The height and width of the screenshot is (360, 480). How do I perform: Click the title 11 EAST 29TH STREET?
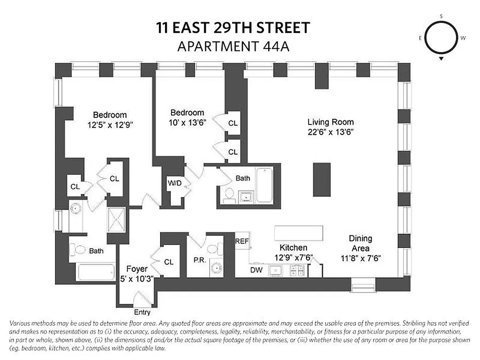[233, 28]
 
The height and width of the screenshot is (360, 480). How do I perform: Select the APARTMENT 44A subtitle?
[233, 46]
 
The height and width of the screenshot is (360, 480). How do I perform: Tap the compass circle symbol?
[441, 38]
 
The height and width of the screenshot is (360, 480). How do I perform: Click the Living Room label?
[331, 122]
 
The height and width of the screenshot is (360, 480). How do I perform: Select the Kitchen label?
[293, 247]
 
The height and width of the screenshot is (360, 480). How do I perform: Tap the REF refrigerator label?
[242, 241]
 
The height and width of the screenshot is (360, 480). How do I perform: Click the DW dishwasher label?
[256, 270]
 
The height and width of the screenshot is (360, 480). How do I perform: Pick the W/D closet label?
[174, 183]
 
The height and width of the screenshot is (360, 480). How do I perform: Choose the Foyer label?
[136, 269]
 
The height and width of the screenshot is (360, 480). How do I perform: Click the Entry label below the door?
[142, 312]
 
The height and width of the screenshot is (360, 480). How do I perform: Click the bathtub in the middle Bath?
[265, 185]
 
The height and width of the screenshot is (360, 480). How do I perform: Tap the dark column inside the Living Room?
[322, 179]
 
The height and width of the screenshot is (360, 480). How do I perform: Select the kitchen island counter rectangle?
[299, 232]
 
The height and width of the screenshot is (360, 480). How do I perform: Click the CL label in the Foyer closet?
[169, 261]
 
